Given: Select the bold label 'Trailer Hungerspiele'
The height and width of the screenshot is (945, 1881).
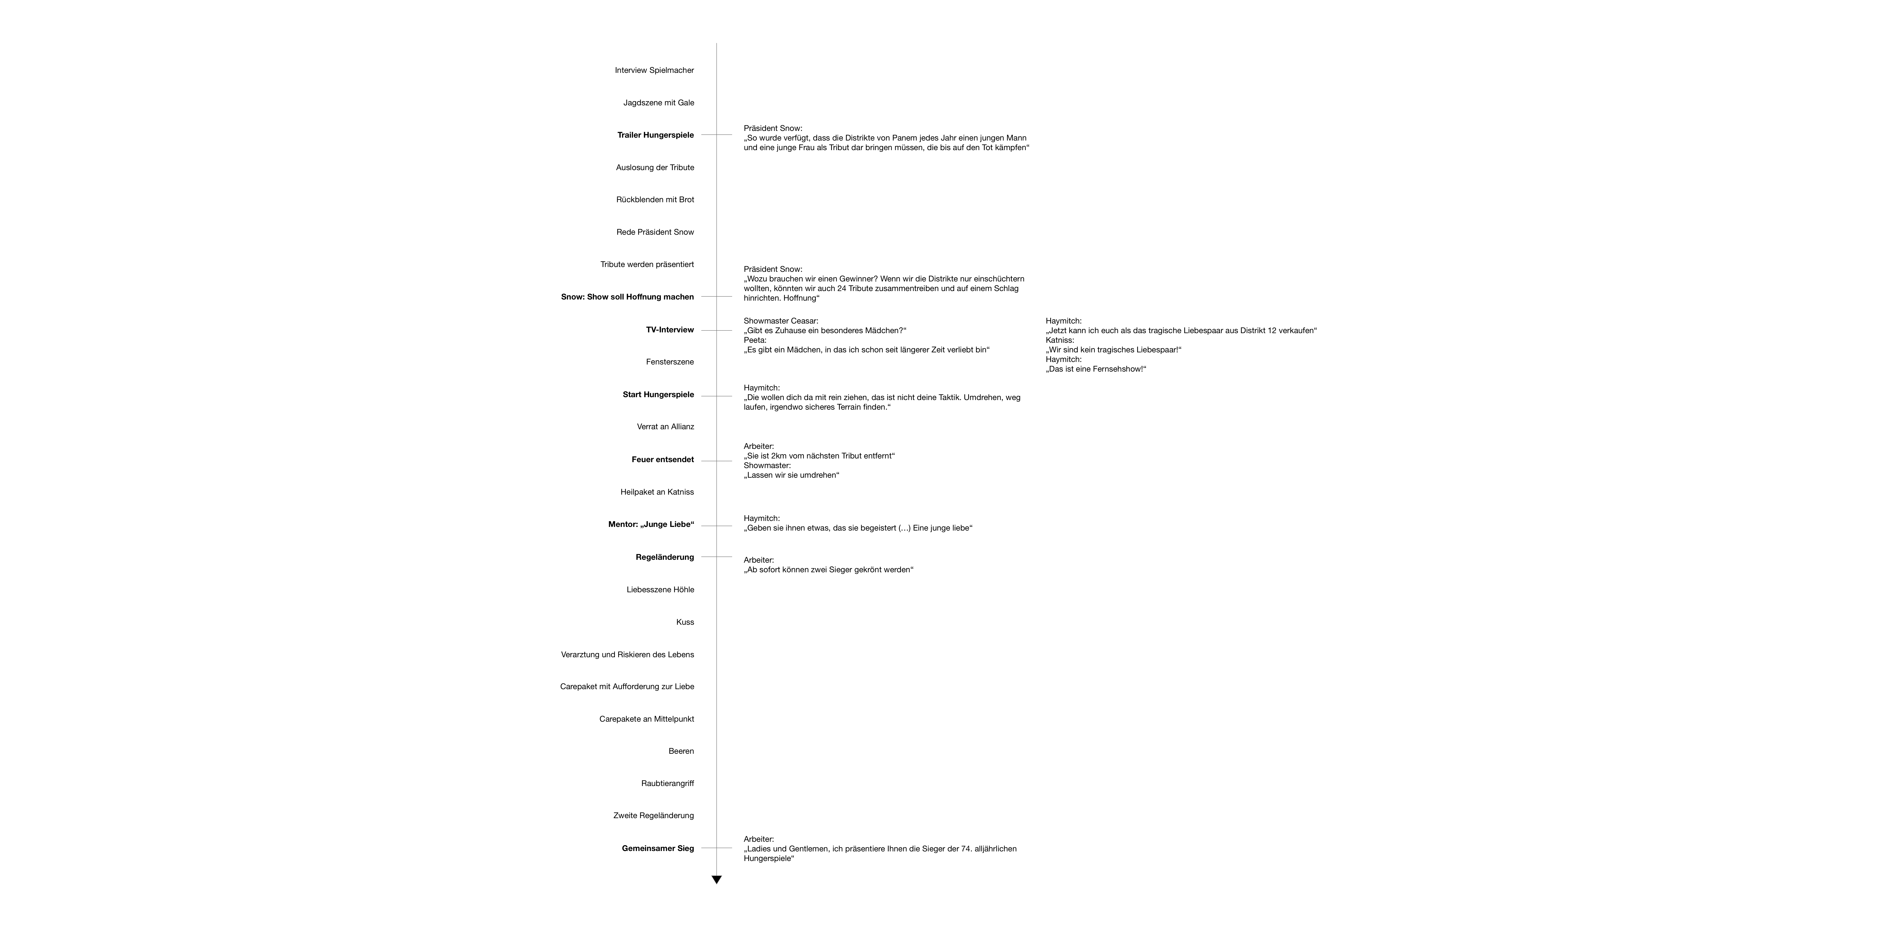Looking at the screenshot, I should [655, 135].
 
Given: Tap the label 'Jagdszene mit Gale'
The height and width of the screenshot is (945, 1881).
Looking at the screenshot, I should [659, 103].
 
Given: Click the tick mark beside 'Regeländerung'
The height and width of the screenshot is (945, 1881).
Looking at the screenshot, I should [716, 557].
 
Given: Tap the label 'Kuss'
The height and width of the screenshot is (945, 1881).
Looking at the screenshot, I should [685, 622].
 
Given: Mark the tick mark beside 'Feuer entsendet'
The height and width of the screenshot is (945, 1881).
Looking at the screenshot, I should [716, 461].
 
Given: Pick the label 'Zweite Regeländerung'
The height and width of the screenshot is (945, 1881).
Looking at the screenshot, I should [654, 816].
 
